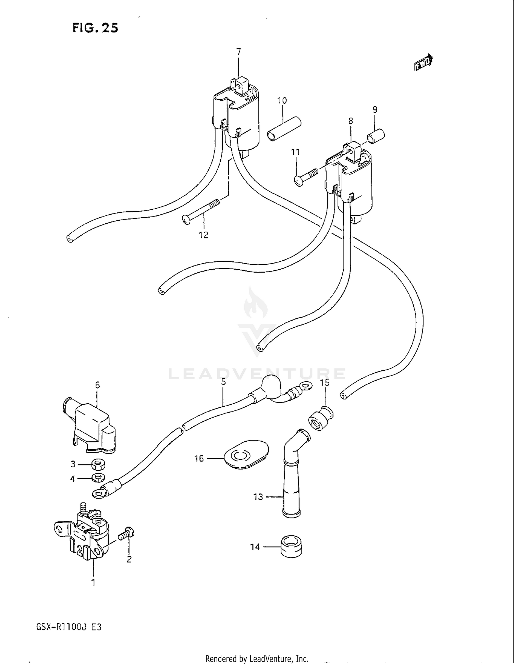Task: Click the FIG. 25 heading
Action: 95,28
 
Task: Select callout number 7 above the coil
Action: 239,52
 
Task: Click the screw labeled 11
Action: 306,177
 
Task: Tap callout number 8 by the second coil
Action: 351,121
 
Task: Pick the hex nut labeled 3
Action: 98,465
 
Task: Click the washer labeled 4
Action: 98,477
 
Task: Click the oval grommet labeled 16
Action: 246,454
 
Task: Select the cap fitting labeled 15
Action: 321,418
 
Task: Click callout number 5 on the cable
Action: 223,382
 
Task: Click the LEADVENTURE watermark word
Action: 257,374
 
